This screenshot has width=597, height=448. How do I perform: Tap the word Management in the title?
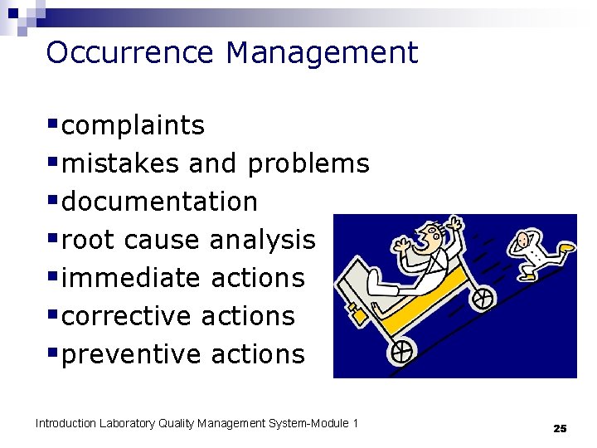[322, 53]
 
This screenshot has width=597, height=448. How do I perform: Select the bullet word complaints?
[133, 126]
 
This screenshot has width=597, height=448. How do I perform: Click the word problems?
[308, 164]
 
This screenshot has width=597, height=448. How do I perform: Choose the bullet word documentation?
[160, 202]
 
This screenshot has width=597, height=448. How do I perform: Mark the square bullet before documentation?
[53, 202]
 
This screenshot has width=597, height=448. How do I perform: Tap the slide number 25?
[560, 428]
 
